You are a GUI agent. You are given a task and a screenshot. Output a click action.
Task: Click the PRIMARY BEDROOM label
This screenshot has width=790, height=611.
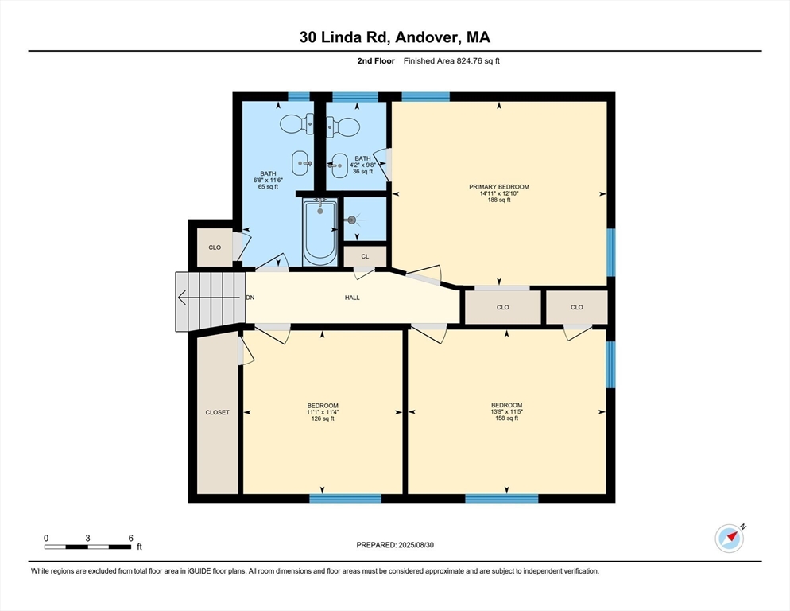(x=499, y=187)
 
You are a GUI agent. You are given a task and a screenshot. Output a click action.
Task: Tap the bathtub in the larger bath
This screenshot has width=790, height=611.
(x=320, y=231)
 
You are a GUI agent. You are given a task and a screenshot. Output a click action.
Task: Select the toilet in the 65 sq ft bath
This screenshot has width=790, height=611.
(x=296, y=123)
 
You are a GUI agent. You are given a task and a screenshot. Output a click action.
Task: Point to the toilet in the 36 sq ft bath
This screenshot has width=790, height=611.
(x=343, y=126)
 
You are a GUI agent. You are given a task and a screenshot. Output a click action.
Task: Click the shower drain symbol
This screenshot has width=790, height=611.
(x=351, y=220)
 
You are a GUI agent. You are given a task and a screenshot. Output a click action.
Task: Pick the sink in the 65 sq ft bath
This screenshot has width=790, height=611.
(x=301, y=163)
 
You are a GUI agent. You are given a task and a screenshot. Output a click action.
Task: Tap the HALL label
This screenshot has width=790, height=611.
(x=352, y=298)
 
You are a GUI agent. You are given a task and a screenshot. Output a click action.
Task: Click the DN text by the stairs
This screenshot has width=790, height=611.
(x=250, y=298)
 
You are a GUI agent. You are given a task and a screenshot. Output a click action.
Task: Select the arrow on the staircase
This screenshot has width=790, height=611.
(x=208, y=298)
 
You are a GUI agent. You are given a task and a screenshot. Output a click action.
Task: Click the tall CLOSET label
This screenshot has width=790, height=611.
(x=217, y=412)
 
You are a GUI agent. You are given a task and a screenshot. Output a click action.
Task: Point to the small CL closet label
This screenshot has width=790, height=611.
(x=365, y=256)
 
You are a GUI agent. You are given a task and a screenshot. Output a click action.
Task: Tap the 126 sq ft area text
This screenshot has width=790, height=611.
(x=323, y=418)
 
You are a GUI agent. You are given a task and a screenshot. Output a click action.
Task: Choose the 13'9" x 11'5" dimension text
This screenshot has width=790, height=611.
(x=506, y=411)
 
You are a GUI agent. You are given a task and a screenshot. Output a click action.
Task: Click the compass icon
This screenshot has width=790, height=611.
(x=729, y=539)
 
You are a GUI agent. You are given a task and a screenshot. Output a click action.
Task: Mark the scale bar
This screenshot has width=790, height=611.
(x=87, y=547)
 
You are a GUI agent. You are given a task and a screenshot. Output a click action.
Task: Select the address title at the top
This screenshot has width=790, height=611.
(x=395, y=37)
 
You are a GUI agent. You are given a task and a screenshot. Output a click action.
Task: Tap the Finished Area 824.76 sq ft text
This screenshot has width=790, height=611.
(x=451, y=61)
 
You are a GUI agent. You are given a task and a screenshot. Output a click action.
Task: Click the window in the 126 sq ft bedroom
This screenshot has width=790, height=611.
(x=345, y=499)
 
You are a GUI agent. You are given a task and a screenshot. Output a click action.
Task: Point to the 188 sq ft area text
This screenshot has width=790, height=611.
(x=499, y=200)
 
